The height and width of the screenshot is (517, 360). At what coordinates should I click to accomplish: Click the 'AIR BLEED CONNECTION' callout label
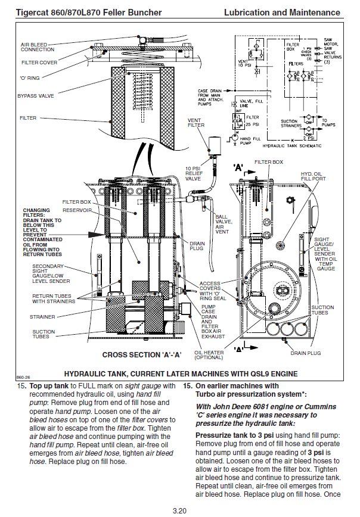click(38, 47)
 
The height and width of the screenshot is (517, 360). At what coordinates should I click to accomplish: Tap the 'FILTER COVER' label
click(39, 62)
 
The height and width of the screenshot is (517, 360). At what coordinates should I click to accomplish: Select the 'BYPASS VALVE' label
click(38, 95)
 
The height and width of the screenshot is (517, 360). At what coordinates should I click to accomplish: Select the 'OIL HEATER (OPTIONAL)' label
click(209, 355)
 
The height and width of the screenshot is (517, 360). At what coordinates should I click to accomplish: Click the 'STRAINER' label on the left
click(42, 317)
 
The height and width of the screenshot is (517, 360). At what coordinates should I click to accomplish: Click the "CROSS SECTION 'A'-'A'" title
click(142, 354)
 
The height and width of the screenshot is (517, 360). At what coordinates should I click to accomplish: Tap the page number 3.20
click(180, 510)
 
